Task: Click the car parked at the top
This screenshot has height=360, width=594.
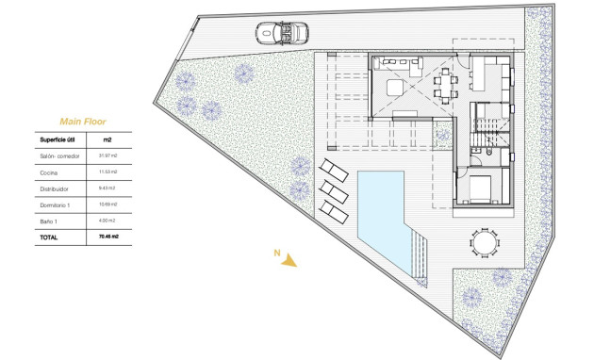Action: click(282, 33)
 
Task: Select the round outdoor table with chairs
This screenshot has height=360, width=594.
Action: click(482, 244)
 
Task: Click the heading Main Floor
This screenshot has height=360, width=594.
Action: click(82, 122)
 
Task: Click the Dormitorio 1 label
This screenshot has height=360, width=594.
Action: click(57, 204)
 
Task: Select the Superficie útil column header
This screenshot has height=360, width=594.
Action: click(59, 139)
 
